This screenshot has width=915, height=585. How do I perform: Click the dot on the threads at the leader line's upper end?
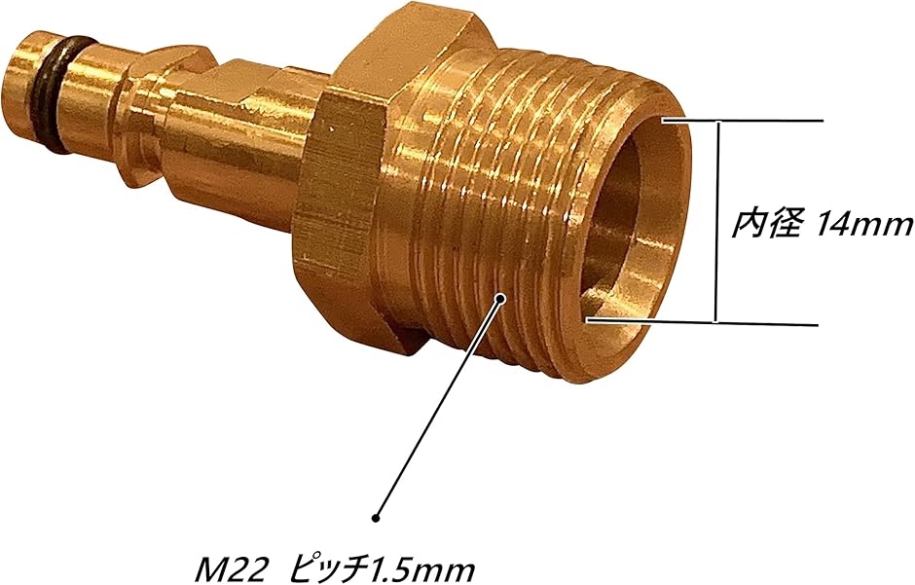pos(500,298)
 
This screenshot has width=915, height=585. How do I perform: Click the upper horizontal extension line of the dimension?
pos(743,122)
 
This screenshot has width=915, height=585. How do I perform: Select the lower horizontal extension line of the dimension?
pos(703,321)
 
